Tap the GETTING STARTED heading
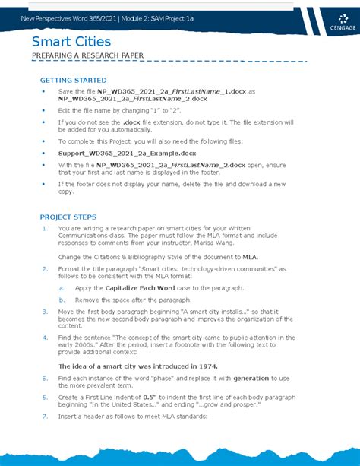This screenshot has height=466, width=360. (x=73, y=80)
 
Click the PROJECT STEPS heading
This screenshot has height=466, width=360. (x=68, y=216)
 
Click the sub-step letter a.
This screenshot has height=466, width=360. (x=62, y=288)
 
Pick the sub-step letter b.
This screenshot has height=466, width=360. (x=62, y=300)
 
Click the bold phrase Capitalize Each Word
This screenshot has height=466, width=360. (x=140, y=288)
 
